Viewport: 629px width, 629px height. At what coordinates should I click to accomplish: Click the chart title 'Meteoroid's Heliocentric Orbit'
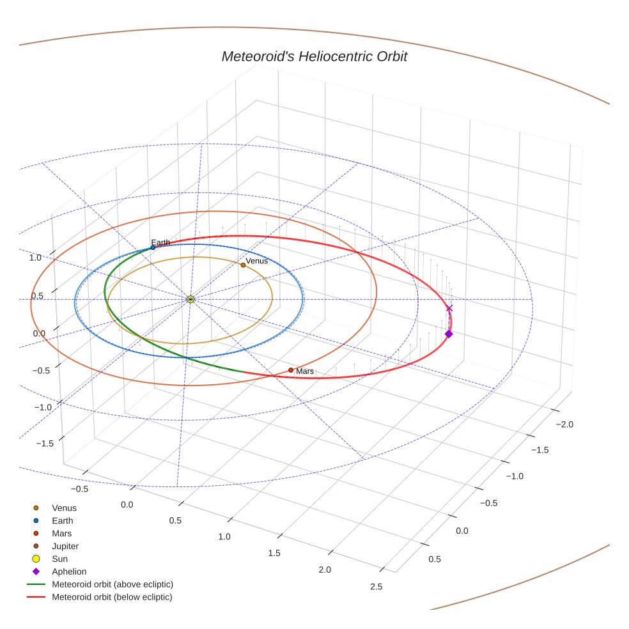pyautogui.click(x=314, y=56)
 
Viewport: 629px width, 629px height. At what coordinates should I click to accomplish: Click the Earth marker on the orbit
pyautogui.click(x=153, y=247)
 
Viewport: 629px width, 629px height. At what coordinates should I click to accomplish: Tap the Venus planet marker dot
pyautogui.click(x=243, y=265)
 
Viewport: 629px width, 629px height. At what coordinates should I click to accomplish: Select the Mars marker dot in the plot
pyautogui.click(x=291, y=370)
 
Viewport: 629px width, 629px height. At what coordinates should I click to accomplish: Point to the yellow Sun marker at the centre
pyautogui.click(x=190, y=299)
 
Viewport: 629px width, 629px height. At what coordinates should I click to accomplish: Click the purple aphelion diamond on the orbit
pyautogui.click(x=449, y=334)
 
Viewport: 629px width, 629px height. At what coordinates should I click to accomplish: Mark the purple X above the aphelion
pyautogui.click(x=449, y=308)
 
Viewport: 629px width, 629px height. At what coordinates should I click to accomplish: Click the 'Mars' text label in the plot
pyautogui.click(x=305, y=371)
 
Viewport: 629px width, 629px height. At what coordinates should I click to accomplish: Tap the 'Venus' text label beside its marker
pyautogui.click(x=257, y=261)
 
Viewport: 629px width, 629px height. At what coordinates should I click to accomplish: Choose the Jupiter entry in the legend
pyautogui.click(x=65, y=547)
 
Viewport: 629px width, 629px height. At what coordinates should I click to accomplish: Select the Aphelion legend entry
pyautogui.click(x=69, y=572)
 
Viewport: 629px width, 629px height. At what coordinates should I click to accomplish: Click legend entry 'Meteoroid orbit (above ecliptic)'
pyautogui.click(x=113, y=585)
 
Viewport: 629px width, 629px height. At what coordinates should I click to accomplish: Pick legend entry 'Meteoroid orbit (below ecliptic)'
pyautogui.click(x=113, y=598)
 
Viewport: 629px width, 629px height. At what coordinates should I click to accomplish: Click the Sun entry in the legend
pyautogui.click(x=59, y=559)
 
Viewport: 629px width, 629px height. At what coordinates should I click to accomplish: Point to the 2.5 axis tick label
pyautogui.click(x=376, y=587)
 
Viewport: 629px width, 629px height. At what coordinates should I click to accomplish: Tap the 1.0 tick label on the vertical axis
pyautogui.click(x=35, y=258)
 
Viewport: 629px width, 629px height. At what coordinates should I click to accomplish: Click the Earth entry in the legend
pyautogui.click(x=63, y=521)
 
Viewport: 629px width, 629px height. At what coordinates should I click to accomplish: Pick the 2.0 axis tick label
pyautogui.click(x=325, y=570)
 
